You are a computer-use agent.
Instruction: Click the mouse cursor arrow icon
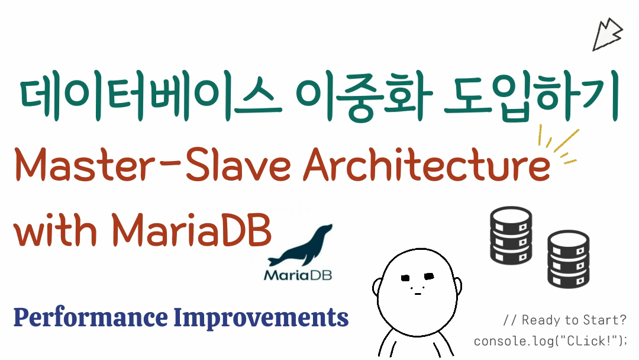[607, 34]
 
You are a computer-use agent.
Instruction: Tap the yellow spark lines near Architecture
[560, 145]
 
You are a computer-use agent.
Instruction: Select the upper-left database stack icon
[511, 234]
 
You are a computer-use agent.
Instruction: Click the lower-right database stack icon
[567, 259]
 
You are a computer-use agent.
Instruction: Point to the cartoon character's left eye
[405, 278]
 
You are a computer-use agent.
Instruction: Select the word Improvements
[261, 318]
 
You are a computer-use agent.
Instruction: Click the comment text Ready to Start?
[564, 320]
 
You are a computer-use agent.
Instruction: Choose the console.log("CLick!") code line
[550, 342]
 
